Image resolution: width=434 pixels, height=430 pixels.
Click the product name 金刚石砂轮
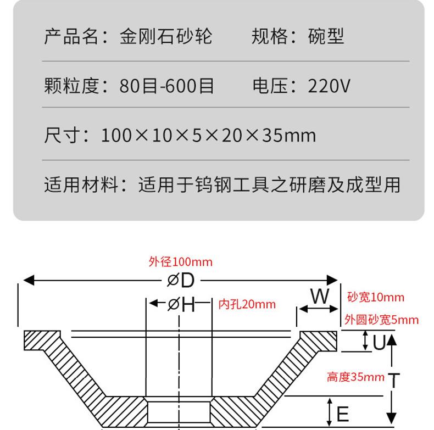pos(166,36)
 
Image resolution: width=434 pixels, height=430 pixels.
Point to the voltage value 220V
pos(329,86)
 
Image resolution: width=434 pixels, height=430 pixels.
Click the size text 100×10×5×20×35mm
pos(208,135)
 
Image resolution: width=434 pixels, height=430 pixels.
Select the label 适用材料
pos(81,185)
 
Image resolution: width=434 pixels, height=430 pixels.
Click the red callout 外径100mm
pos(180,262)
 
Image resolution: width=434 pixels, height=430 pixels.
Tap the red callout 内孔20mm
pos(247,304)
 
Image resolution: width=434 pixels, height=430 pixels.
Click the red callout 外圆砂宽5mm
pos(381,320)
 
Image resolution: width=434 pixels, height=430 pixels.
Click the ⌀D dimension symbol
pos(181,280)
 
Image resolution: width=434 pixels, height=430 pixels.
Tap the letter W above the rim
pos(319,297)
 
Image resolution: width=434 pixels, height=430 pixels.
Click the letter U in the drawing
pos(379,343)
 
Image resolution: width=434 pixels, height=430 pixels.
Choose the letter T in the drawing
pos(393,379)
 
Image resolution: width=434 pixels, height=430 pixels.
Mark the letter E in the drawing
pos(342,412)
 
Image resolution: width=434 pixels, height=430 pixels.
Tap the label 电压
pos(270,86)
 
